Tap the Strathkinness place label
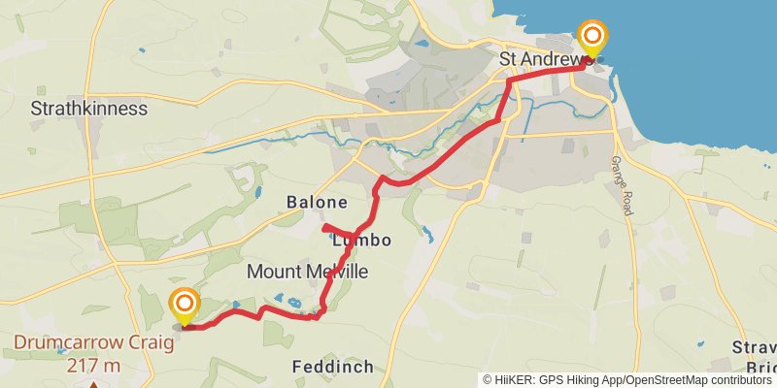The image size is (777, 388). point(89,108)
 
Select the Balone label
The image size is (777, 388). point(317,203)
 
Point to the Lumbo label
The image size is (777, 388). point(361,240)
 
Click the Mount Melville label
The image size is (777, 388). point(308,273)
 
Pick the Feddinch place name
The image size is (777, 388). point(333,367)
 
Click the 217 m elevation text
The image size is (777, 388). point(94,366)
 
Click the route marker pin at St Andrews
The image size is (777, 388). point(591,39)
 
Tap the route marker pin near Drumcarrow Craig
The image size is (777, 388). point(185,306)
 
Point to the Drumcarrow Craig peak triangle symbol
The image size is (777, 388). point(93,385)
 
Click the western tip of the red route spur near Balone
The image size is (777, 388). point(322,229)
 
